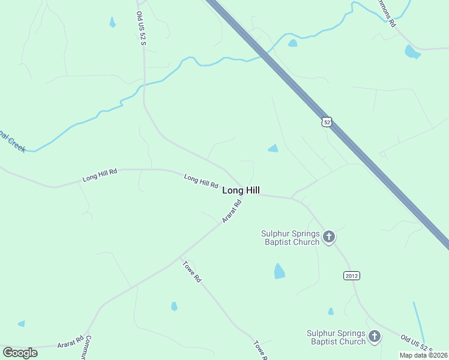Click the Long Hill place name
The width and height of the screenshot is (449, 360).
[x=241, y=190]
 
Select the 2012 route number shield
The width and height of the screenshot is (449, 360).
[x=352, y=275]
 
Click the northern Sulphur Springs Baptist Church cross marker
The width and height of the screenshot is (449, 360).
[x=328, y=237]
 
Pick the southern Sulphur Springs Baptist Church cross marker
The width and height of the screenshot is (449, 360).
[x=375, y=337]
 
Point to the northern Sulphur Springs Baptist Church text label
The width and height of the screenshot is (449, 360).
[x=290, y=238]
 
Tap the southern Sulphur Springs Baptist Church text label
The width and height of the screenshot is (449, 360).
[x=336, y=337]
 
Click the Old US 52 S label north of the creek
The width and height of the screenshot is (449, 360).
[x=140, y=27]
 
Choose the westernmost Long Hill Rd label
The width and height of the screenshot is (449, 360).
[x=100, y=176]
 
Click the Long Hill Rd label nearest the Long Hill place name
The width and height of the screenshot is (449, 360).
[x=200, y=181]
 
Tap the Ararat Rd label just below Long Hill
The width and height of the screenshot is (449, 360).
[x=232, y=211]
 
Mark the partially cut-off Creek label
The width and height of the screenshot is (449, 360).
[x=13, y=143]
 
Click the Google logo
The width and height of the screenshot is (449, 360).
[x=20, y=353]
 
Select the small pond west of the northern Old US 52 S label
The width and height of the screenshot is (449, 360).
[x=112, y=23]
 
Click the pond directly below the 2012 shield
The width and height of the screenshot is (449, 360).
[x=331, y=311]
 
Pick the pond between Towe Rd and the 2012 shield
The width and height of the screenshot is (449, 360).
[x=279, y=271]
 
